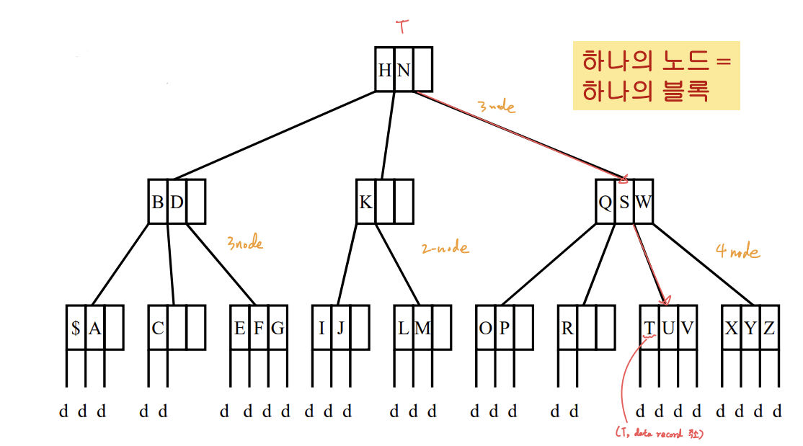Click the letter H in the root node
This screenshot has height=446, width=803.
[385, 70]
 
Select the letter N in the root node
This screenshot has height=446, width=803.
[403, 70]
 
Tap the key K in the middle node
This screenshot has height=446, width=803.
[365, 202]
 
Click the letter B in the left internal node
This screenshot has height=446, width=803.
[157, 202]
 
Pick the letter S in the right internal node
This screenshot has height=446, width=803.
[624, 202]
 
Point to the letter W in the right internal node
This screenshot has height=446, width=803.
[643, 202]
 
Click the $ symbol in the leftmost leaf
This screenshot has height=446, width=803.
[76, 329]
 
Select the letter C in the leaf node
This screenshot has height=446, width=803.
[158, 329]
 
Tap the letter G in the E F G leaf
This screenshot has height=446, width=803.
[278, 329]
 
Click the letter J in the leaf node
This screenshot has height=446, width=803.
[341, 329]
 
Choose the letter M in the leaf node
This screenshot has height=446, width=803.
[423, 329]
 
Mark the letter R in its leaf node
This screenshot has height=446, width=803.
[567, 329]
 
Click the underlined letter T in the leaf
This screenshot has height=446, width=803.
[649, 329]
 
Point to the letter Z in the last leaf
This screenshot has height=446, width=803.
[769, 329]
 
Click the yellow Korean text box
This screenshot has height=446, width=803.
[656, 75]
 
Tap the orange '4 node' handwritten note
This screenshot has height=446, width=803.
[737, 251]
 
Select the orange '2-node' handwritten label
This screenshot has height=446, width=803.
[445, 249]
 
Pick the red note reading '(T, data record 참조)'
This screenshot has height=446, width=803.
[659, 434]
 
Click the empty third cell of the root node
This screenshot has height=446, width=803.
[423, 70]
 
